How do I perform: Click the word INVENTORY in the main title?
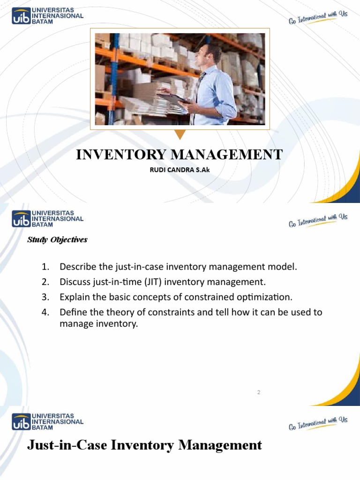click(x=117, y=154)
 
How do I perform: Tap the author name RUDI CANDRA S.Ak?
click(x=180, y=170)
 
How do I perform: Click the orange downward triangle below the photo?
click(x=180, y=135)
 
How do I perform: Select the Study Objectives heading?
click(x=57, y=240)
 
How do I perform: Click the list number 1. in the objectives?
click(x=45, y=267)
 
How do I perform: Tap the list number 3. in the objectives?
click(x=45, y=297)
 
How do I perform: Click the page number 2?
click(x=258, y=392)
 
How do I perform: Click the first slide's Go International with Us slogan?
click(x=317, y=18)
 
